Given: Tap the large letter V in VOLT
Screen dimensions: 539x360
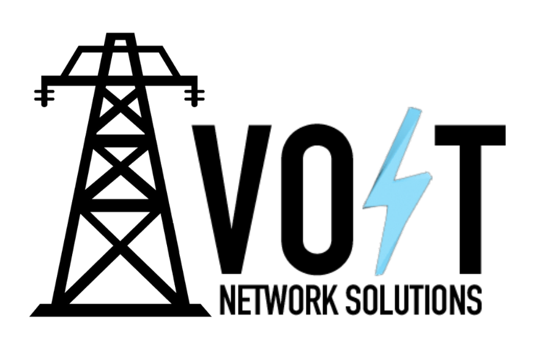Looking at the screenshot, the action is pyautogui.click(x=232, y=200).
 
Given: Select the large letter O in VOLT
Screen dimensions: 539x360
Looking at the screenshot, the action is pyautogui.click(x=317, y=200).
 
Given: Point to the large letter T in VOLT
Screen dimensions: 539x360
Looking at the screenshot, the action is pyautogui.click(x=470, y=200).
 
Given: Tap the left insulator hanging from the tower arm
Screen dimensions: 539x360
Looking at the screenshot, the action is pyautogui.click(x=44, y=96).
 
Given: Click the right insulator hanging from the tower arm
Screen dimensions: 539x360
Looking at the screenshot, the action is pyautogui.click(x=195, y=96).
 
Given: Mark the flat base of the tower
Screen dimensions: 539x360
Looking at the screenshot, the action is pyautogui.click(x=121, y=310).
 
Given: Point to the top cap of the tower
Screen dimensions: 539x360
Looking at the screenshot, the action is pyautogui.click(x=120, y=39).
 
